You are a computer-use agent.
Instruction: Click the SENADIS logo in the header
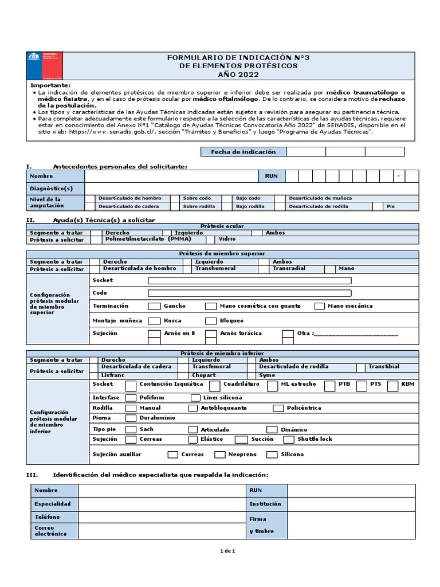45,65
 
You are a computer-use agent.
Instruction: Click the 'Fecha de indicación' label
243,152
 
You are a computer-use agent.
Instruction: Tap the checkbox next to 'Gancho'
154,306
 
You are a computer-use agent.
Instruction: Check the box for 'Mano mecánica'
320,306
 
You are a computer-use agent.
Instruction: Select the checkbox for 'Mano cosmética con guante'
210,306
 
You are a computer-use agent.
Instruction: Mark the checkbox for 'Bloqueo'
211,321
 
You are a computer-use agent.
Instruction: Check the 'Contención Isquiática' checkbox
131,385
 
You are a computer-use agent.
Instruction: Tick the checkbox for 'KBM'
392,385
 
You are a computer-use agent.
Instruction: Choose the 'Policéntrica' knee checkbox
278,408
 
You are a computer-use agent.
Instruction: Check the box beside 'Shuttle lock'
289,440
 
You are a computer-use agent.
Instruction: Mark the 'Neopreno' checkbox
219,455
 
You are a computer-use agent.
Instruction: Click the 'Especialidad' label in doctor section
53,504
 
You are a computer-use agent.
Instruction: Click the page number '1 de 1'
227,551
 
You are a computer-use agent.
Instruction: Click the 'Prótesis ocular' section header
223,226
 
